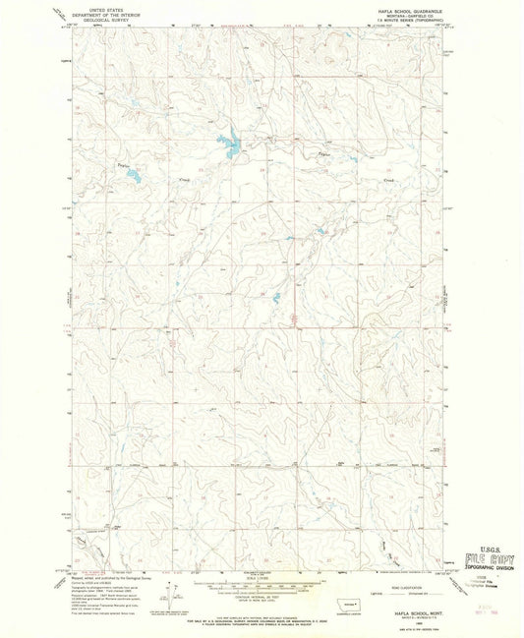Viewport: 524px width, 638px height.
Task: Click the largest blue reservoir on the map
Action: [x=232, y=148]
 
